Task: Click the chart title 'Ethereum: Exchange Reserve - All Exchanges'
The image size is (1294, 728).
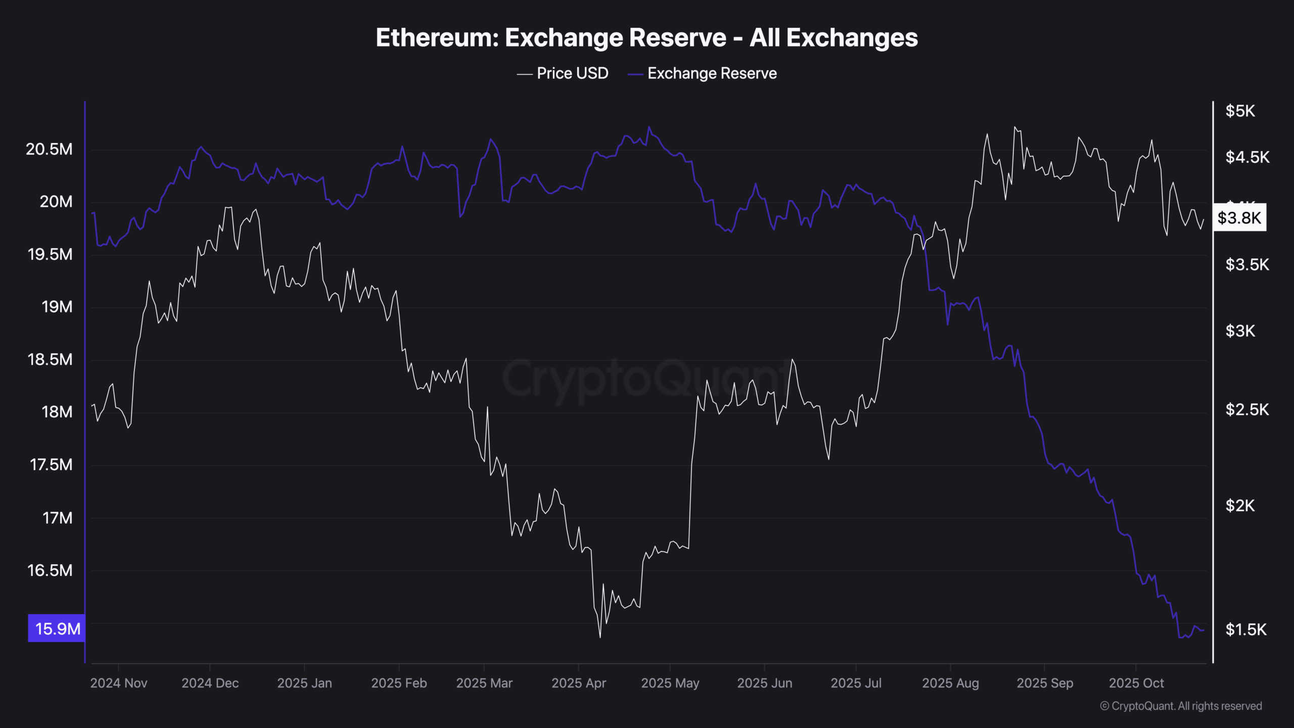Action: [646, 38]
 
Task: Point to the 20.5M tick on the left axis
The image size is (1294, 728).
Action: [49, 149]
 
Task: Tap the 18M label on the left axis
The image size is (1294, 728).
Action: [57, 412]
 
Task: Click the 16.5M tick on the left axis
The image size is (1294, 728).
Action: [50, 570]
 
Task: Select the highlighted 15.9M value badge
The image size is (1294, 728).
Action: [57, 628]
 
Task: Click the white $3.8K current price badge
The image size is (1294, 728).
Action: [1239, 218]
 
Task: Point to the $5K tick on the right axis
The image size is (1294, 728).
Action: [1240, 111]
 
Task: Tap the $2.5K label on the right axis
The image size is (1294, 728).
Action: [1247, 409]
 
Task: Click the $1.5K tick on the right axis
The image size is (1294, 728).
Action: [1246, 629]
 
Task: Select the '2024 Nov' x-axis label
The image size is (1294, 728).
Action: [119, 683]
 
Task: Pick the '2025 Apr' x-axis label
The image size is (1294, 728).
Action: [578, 683]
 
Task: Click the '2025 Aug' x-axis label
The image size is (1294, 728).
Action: [950, 683]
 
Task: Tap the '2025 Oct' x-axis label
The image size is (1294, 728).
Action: [1136, 683]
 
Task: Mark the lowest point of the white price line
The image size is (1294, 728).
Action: [600, 637]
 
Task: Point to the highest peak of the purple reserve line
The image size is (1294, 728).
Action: [649, 126]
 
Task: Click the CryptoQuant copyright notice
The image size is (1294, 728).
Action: [1181, 706]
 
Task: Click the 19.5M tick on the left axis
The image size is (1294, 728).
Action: [50, 254]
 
